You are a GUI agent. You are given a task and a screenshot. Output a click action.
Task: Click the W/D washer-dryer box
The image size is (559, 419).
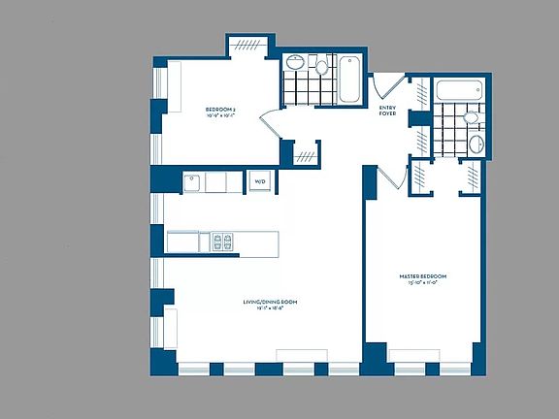coord(260,181)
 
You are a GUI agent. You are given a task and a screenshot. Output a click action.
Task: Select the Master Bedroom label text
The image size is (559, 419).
coord(421,276)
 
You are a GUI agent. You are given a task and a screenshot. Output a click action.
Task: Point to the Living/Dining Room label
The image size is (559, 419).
coord(270,302)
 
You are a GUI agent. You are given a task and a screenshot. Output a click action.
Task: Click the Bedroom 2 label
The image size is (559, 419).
coord(219,108)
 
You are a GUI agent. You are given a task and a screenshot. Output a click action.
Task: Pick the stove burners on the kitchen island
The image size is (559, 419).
coord(223,242)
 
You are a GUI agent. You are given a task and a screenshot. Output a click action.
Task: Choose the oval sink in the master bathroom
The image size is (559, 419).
coord(476,145)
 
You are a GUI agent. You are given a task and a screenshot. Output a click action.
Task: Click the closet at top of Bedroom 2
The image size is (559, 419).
coord(247,46)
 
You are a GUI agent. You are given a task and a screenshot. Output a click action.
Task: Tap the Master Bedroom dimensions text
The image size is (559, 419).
coord(421,284)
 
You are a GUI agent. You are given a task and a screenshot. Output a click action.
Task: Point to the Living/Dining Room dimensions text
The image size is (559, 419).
coord(270,309)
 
